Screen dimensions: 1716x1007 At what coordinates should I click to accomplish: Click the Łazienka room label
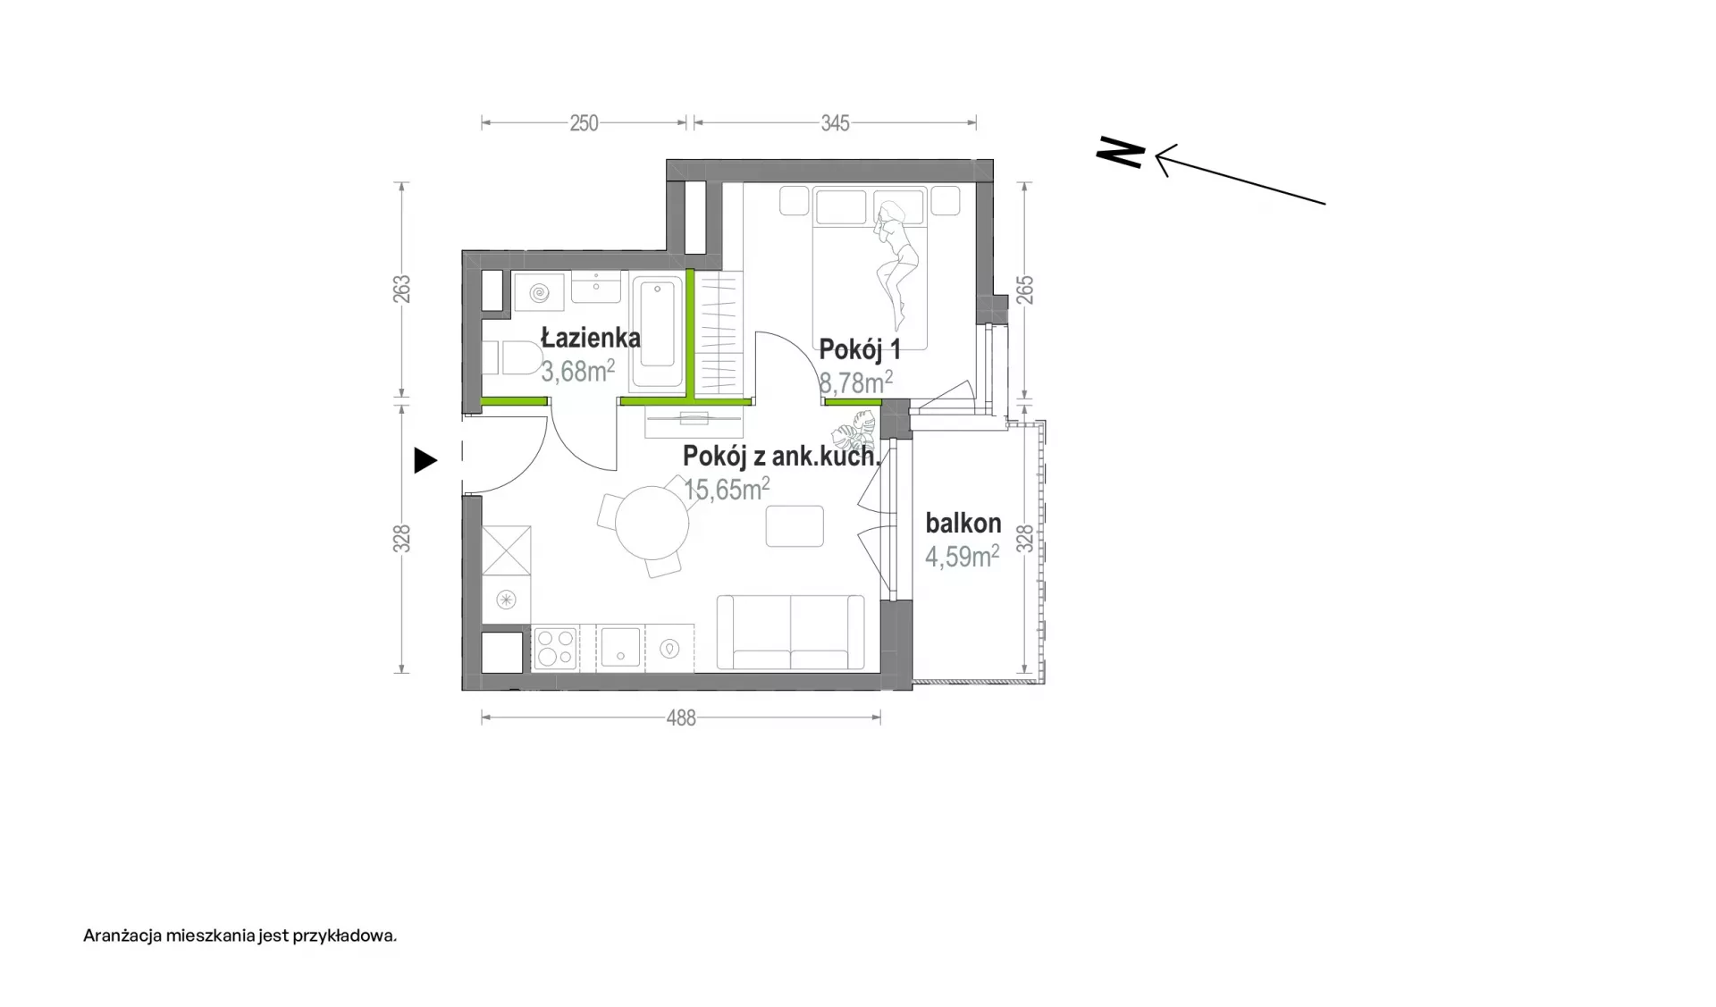pos(591,338)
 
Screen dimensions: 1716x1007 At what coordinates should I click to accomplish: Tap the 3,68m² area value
pos(577,371)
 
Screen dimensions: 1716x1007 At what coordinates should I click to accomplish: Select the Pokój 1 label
pos(860,349)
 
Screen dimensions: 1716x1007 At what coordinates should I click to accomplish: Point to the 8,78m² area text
pos(856,382)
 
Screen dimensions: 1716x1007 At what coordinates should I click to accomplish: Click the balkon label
pos(963,523)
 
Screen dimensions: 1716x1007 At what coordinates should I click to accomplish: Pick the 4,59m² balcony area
pos(962,556)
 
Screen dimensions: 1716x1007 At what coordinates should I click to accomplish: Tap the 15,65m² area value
pos(727,489)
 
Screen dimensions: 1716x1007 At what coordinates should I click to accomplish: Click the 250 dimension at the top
pos(584,123)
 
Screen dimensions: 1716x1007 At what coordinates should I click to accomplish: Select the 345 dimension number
pos(835,123)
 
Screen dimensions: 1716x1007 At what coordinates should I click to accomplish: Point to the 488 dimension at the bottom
pos(681,718)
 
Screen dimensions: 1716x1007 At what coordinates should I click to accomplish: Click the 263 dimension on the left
pos(402,289)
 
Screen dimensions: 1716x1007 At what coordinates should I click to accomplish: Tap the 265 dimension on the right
pos(1025,290)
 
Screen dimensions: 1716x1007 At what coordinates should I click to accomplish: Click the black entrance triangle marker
pos(425,461)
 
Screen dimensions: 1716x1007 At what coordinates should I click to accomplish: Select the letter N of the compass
pos(1121,152)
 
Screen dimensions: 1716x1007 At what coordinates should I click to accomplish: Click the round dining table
pos(652,524)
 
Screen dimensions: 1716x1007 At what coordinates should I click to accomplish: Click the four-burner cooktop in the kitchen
pos(555,647)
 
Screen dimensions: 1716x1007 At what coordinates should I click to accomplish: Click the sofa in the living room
pos(791,633)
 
